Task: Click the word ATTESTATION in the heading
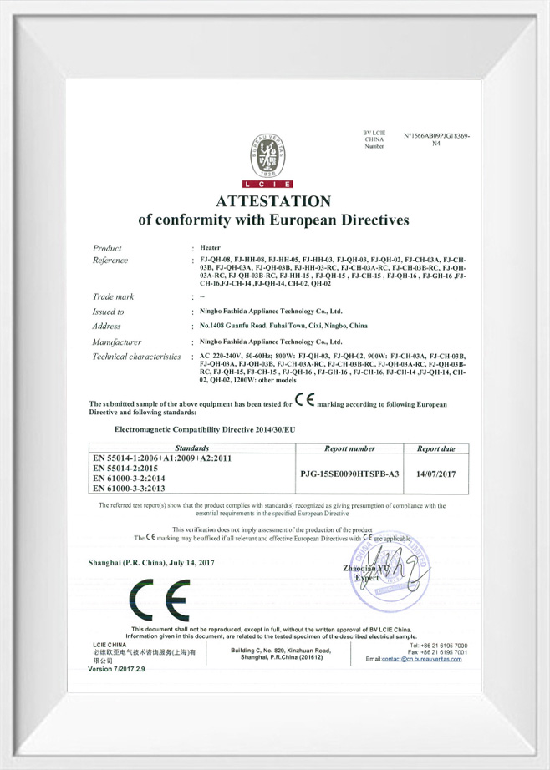(273, 201)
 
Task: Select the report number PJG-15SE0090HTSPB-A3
(349, 474)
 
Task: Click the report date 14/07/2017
(435, 474)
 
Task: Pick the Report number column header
(349, 448)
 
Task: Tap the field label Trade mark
(114, 296)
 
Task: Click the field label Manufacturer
(117, 342)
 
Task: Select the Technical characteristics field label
(136, 357)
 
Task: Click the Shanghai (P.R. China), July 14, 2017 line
(151, 562)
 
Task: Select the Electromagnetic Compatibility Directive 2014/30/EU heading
(204, 428)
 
